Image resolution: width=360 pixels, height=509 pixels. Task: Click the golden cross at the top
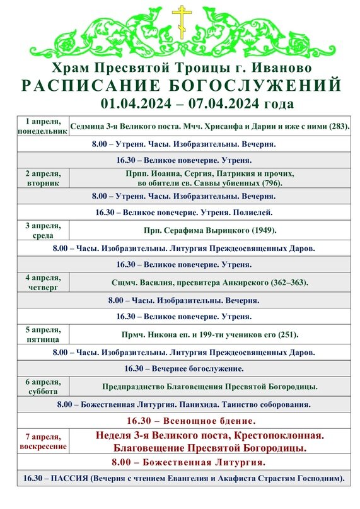(x=182, y=21)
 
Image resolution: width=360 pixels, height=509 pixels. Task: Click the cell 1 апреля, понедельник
(x=43, y=126)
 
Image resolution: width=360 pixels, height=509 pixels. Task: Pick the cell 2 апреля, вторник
(x=43, y=178)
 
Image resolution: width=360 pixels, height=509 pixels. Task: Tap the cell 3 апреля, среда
(x=43, y=230)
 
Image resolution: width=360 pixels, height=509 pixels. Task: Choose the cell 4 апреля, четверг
(x=43, y=281)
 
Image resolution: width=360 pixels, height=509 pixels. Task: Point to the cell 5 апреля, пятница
(x=43, y=334)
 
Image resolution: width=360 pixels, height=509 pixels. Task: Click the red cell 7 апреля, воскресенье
(x=43, y=442)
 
